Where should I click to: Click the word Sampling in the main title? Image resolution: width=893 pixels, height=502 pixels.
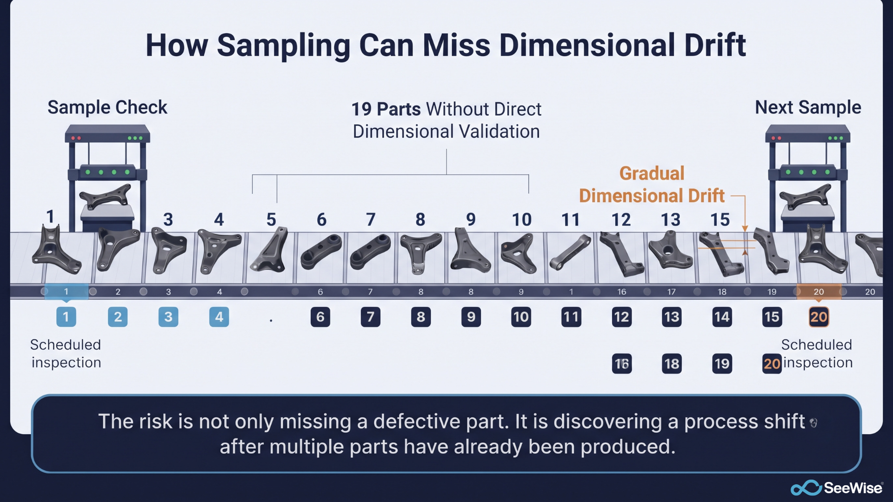pos(284,46)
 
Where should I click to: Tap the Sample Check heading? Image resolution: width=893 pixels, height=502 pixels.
pos(107,107)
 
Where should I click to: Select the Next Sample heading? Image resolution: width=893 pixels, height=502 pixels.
pos(808,107)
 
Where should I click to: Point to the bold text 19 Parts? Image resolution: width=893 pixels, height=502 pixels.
pos(386,109)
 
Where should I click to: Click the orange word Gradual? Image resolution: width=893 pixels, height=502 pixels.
pos(652,173)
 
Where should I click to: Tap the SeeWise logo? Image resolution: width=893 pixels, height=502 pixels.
pos(836,488)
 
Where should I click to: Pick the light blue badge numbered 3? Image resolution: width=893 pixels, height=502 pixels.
pos(168,317)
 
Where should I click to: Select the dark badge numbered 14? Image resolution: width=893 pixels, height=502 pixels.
pos(722,317)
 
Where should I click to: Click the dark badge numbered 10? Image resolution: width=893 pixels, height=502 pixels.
pos(521,317)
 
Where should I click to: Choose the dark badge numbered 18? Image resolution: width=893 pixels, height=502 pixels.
pos(672,363)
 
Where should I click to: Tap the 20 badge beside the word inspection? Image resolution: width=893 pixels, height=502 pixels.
pos(772,363)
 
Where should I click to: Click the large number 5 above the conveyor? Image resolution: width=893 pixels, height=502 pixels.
pos(271,219)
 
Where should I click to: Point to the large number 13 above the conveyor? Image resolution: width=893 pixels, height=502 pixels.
pos(671,219)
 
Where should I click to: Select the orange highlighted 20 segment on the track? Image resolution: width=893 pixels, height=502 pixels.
pos(819,291)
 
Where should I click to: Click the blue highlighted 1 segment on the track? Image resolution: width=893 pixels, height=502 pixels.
pos(66,291)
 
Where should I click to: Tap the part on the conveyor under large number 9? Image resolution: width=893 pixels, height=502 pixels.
pos(470,251)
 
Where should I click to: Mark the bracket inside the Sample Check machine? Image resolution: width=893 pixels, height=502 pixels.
pos(106,197)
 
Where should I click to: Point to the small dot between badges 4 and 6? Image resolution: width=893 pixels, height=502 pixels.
pos(271,320)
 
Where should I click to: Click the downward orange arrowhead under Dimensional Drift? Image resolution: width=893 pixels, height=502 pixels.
pos(745,229)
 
